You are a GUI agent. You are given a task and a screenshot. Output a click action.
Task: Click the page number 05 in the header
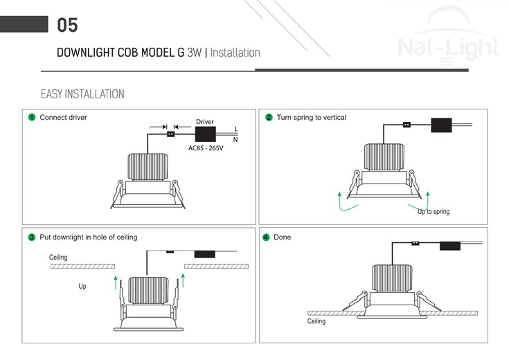[x=67, y=26]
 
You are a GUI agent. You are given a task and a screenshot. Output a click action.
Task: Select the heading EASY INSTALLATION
[x=82, y=94]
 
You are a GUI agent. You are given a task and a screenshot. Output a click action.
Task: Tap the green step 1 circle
[x=32, y=118]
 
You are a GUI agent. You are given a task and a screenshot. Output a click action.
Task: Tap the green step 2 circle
[x=269, y=118]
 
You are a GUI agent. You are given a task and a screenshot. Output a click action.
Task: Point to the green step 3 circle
[x=32, y=237]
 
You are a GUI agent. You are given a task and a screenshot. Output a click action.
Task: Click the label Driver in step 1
[x=205, y=122]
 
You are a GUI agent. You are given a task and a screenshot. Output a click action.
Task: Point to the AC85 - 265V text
[x=206, y=148]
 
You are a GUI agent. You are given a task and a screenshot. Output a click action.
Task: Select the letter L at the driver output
[x=235, y=129]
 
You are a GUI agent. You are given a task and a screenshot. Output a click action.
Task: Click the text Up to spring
[x=434, y=211]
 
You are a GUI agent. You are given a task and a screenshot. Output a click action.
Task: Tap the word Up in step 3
[x=82, y=286]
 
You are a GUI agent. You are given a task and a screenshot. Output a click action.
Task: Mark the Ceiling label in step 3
[x=59, y=258]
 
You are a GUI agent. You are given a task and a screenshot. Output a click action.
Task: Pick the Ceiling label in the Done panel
[x=316, y=321]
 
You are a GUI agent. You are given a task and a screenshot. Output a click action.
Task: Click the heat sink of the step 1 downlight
[x=148, y=165]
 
